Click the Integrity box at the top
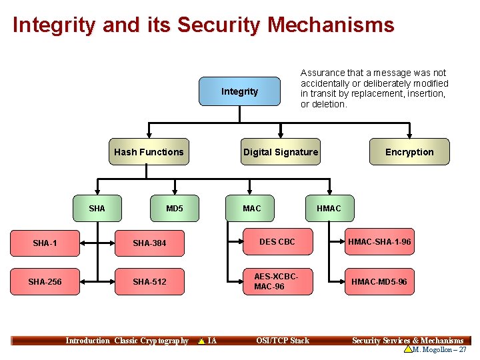coord(240,91)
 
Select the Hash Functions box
coord(149,152)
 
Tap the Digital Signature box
coord(281,152)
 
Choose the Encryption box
coord(409,152)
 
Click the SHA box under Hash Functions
coord(97,209)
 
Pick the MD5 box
coord(175,209)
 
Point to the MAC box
coord(252,209)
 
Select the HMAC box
coord(329,209)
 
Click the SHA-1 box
coord(45,243)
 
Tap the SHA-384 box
coord(149,243)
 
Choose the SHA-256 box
coord(45,282)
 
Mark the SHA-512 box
coord(149,282)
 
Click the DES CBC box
coord(277,242)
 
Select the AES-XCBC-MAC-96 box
coord(277,281)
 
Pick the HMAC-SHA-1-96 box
coord(379,242)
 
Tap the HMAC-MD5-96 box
coord(379,282)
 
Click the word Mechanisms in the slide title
coord(331,25)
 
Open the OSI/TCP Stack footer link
coord(283,341)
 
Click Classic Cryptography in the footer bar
coord(151,341)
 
